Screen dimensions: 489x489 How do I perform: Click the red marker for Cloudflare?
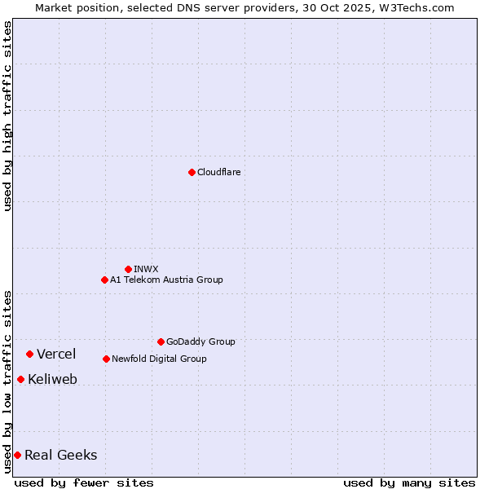click(x=192, y=172)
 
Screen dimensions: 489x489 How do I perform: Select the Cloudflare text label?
click(x=218, y=172)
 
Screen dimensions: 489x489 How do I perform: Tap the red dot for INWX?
click(x=128, y=269)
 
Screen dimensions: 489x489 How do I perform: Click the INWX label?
click(x=146, y=269)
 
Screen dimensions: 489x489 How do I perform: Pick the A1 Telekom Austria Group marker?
click(x=104, y=280)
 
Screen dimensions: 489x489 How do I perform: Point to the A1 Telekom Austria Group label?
click(x=166, y=280)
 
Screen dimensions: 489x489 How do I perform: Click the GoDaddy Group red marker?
click(x=161, y=341)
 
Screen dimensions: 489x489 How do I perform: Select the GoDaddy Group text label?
click(x=200, y=341)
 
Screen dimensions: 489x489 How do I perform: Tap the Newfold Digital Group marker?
click(x=106, y=359)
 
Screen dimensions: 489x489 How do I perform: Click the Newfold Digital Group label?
click(x=159, y=359)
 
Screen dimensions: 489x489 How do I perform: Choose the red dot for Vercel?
click(x=29, y=354)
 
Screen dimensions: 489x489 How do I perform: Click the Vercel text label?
click(x=56, y=354)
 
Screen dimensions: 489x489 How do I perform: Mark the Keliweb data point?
click(x=20, y=379)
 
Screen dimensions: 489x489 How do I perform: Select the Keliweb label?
click(x=52, y=380)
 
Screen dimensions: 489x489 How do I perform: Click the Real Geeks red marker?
click(x=17, y=455)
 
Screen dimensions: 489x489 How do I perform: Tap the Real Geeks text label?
click(x=61, y=456)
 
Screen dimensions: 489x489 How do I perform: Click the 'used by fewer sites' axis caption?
click(x=84, y=482)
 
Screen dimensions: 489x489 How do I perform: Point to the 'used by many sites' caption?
click(x=409, y=482)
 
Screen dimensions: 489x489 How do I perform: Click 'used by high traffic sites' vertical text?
click(x=7, y=116)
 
